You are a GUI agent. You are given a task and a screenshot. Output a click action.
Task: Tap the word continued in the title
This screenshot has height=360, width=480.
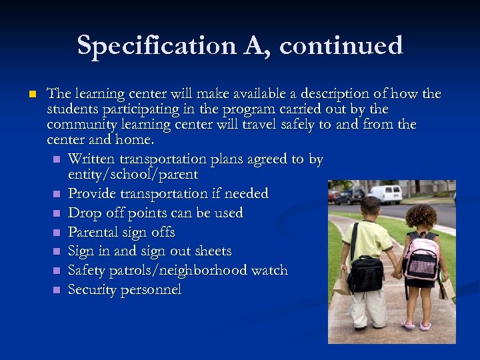point(341,45)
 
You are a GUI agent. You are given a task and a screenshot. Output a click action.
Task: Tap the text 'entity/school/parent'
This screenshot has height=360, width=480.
point(133,175)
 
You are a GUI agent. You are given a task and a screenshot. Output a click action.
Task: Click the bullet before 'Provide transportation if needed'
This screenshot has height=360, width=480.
point(57,195)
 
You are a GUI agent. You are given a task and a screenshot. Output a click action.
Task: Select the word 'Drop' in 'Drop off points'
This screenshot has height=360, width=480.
point(83,213)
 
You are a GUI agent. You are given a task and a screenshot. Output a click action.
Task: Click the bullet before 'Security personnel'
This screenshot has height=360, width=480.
point(57,291)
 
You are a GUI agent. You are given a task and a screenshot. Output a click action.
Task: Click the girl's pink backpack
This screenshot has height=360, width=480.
point(421,256)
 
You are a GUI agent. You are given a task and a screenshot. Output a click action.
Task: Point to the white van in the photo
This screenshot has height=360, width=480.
point(385,193)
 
